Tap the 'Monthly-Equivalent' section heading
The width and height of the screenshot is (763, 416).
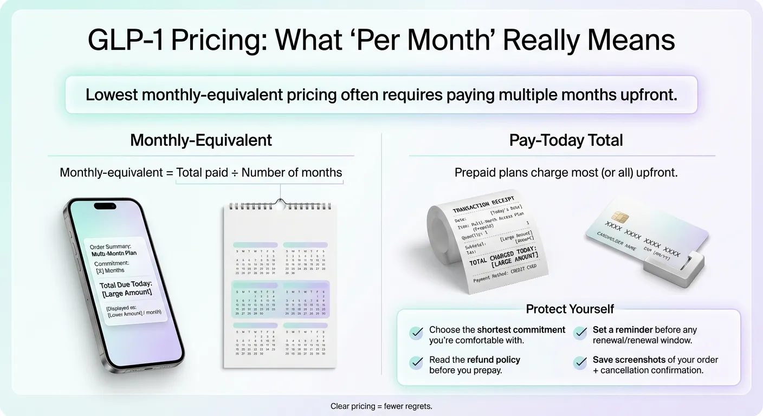201,140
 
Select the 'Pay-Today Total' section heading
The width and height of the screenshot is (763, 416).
566,140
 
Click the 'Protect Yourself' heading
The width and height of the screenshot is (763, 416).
570,309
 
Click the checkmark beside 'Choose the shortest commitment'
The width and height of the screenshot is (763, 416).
416,333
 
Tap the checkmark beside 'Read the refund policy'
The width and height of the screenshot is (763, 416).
416,363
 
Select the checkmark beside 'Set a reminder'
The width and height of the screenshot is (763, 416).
580,333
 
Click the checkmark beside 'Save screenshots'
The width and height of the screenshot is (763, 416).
580,363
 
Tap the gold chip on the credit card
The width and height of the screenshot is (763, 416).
622,217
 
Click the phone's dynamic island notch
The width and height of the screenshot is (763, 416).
105,206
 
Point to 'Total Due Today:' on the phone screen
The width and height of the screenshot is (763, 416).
125,284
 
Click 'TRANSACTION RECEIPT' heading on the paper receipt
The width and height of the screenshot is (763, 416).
482,204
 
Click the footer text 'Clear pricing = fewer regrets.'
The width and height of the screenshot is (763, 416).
381,406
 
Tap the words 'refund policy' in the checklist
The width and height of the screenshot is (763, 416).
493,360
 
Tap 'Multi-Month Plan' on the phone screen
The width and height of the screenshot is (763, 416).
114,253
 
